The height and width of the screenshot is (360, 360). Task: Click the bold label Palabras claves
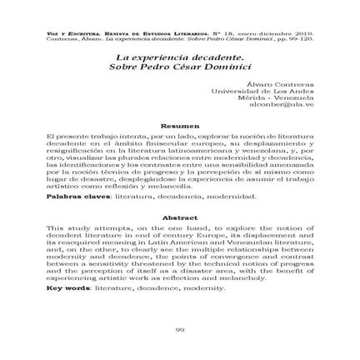pos(73,197)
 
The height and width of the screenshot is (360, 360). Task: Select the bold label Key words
pos(70,287)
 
